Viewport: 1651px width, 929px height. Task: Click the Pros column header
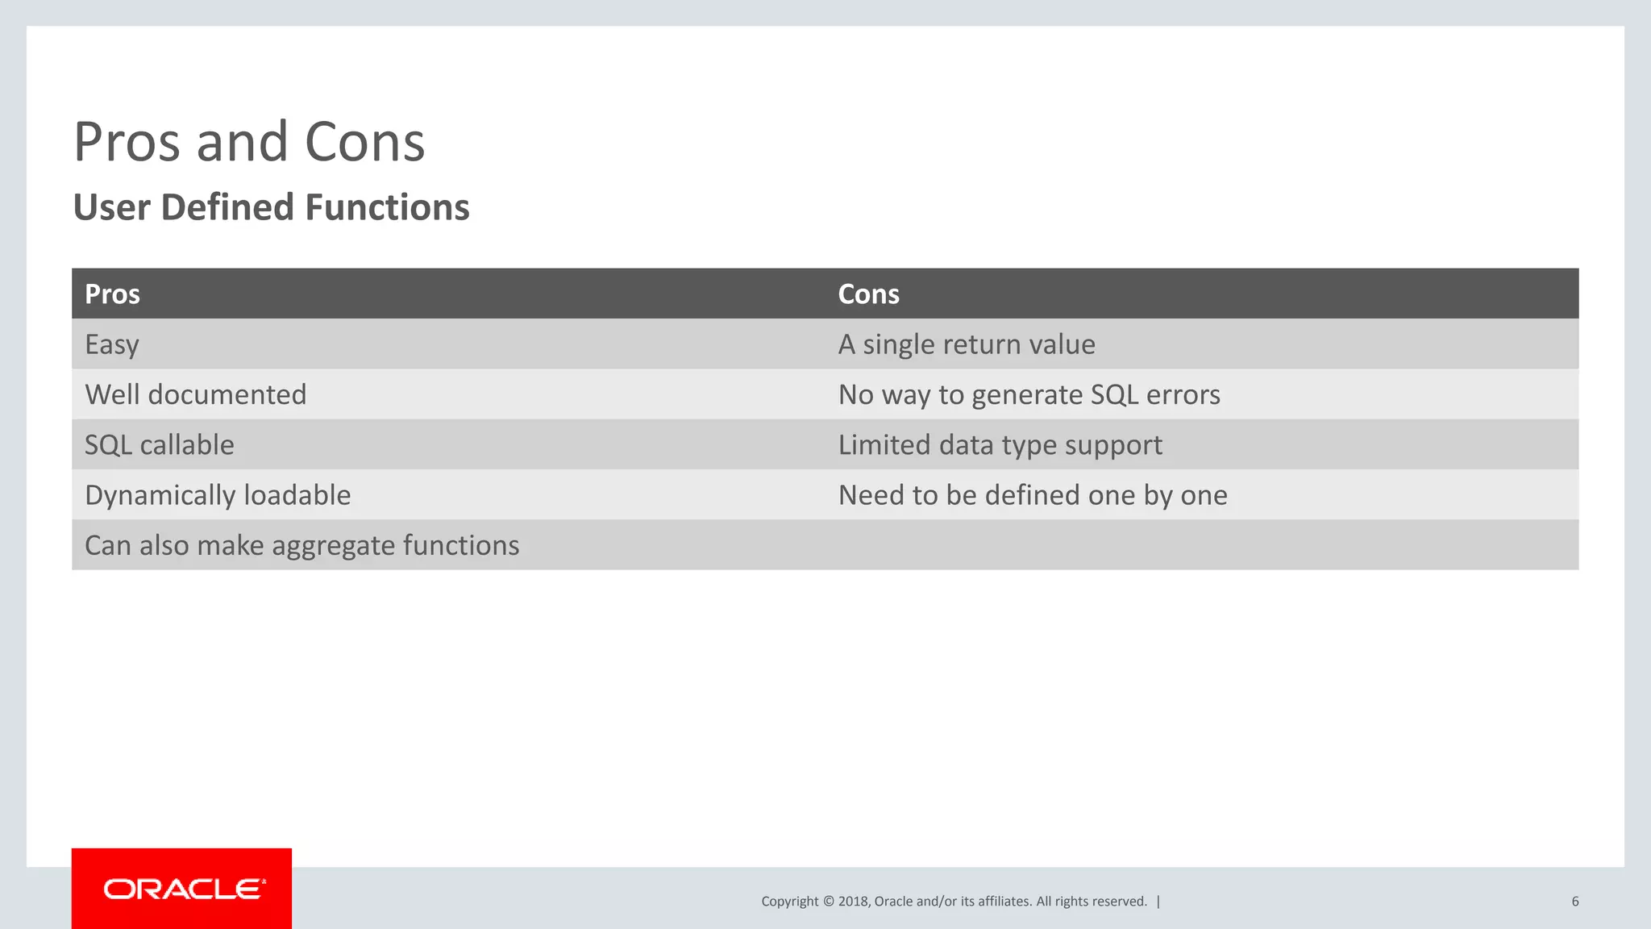[112, 294]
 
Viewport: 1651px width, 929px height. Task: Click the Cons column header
[868, 294]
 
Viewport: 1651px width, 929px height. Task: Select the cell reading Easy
[112, 345]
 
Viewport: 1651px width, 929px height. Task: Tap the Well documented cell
[196, 395]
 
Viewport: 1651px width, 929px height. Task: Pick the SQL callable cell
[160, 445]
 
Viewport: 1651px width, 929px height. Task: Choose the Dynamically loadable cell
[218, 495]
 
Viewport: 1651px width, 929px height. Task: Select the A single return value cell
[967, 345]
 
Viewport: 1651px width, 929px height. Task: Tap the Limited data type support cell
[1000, 445]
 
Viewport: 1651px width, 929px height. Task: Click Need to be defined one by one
[1033, 495]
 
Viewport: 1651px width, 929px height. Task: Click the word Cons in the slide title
[364, 143]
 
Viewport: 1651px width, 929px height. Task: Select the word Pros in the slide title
[126, 143]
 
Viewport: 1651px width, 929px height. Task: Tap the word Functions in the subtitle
[387, 207]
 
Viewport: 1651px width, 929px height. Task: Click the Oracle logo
[182, 889]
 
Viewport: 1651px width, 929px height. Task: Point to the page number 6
[1574, 902]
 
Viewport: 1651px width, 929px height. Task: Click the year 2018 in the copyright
[852, 902]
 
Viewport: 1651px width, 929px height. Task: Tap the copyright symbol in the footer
[828, 902]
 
